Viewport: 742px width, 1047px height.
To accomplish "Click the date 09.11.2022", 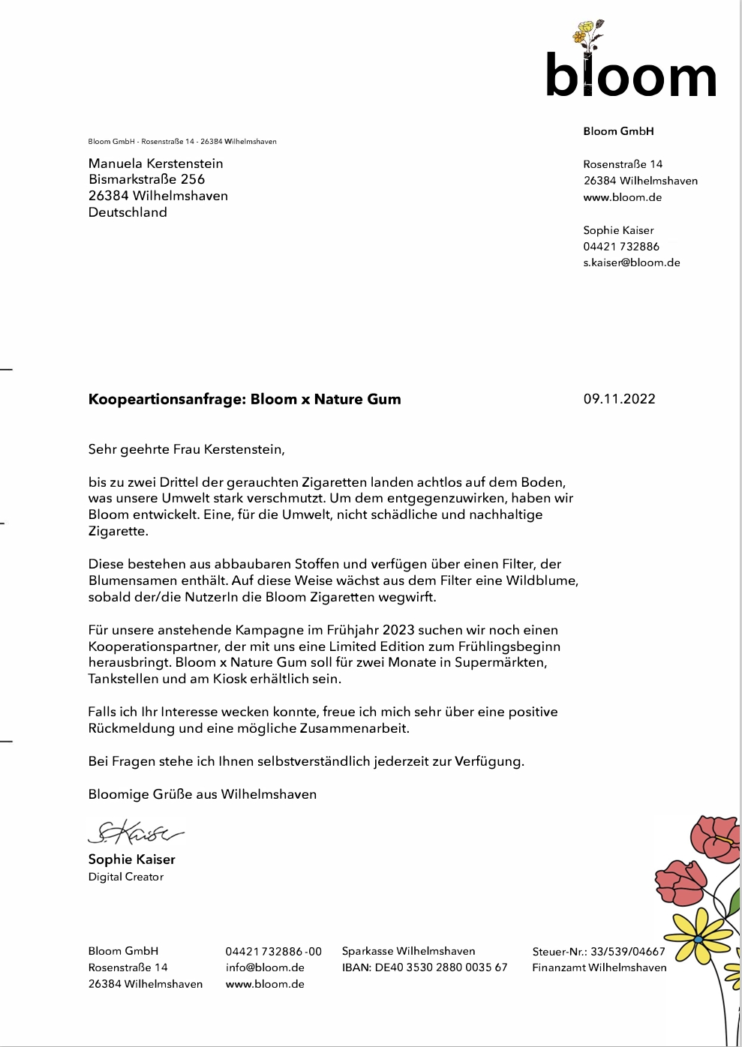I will [619, 399].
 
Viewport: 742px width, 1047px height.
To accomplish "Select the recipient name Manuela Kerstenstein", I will [155, 163].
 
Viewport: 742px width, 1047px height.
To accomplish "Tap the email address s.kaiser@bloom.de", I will [631, 262].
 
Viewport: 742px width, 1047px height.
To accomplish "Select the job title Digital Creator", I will [125, 877].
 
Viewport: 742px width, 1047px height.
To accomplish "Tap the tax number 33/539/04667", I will [627, 952].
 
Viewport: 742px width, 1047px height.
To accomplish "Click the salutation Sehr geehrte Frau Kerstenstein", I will [186, 450].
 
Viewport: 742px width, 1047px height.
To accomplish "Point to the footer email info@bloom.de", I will [265, 967].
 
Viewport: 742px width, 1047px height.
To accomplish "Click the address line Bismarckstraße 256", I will [146, 179].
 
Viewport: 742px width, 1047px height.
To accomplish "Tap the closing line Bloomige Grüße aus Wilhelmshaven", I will [202, 794].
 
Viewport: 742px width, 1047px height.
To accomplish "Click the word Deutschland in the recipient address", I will [128, 212].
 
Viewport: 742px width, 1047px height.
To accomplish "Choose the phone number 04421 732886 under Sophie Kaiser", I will [621, 246].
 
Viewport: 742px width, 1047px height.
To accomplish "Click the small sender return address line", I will [182, 141].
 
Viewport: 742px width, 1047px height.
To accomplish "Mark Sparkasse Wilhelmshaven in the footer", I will [408, 951].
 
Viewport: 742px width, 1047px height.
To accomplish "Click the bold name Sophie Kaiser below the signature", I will [131, 859].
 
